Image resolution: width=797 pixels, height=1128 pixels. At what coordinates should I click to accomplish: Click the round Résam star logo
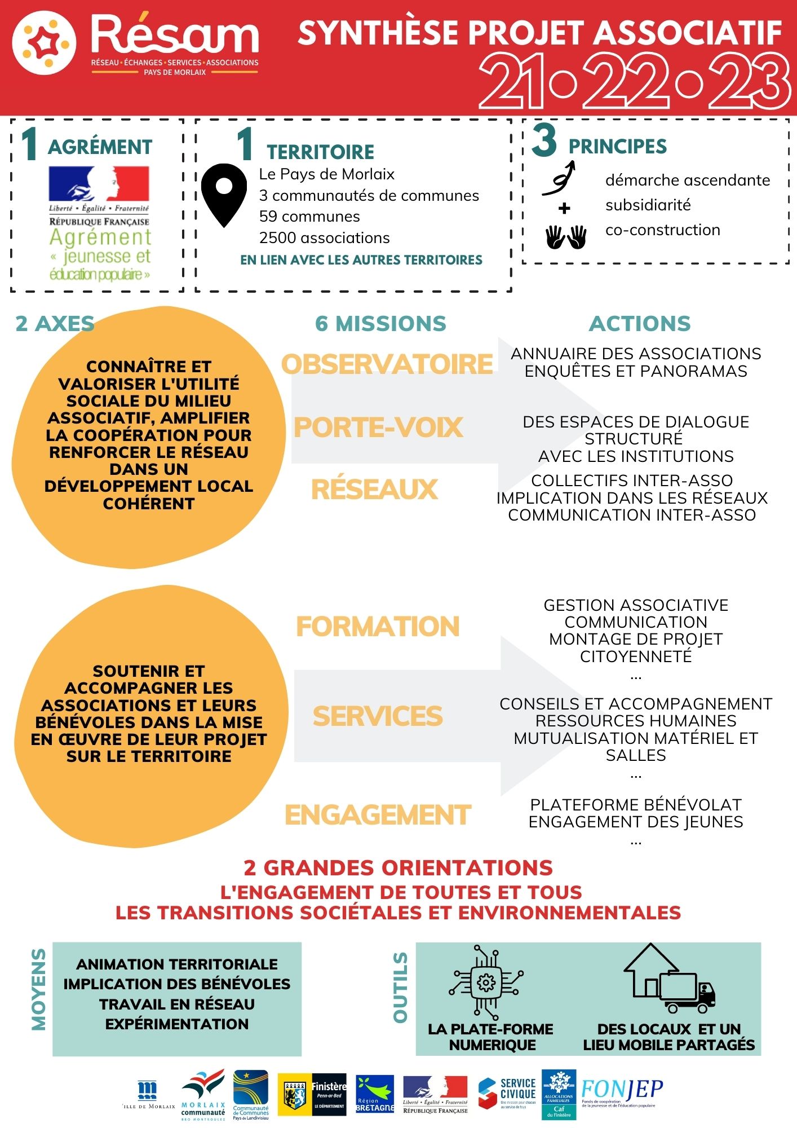(44, 43)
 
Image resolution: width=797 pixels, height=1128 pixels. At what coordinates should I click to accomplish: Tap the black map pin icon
(224, 193)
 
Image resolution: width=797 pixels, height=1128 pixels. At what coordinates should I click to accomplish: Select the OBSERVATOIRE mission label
(387, 364)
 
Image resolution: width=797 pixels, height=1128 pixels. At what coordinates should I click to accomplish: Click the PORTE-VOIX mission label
(378, 427)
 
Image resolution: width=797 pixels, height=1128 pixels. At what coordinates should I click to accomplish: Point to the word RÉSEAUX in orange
(374, 489)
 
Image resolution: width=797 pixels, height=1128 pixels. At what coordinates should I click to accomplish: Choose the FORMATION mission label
(378, 627)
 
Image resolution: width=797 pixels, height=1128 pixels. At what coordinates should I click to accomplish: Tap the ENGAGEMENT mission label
(378, 815)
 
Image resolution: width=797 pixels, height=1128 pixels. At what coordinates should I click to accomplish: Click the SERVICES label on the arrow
(378, 716)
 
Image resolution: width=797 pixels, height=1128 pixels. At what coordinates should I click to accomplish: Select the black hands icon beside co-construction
(566, 237)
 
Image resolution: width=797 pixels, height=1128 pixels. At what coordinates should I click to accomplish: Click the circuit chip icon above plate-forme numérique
(486, 982)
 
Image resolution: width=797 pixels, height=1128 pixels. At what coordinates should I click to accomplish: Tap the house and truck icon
(669, 979)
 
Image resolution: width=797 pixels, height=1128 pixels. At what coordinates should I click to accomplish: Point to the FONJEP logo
(622, 1093)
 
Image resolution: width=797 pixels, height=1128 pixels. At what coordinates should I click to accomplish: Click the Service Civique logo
(507, 1093)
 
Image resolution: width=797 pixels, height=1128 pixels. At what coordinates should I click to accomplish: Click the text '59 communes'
(309, 217)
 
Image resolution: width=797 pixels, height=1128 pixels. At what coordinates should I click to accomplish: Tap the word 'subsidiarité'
(648, 205)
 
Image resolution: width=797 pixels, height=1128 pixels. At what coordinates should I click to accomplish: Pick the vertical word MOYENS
(38, 989)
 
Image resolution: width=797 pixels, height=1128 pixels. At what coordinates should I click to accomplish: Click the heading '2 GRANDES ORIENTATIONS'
(398, 867)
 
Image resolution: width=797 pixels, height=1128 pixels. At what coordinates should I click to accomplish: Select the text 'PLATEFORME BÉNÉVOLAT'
(636, 805)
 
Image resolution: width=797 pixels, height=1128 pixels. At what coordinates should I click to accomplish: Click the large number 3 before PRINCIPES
(544, 141)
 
